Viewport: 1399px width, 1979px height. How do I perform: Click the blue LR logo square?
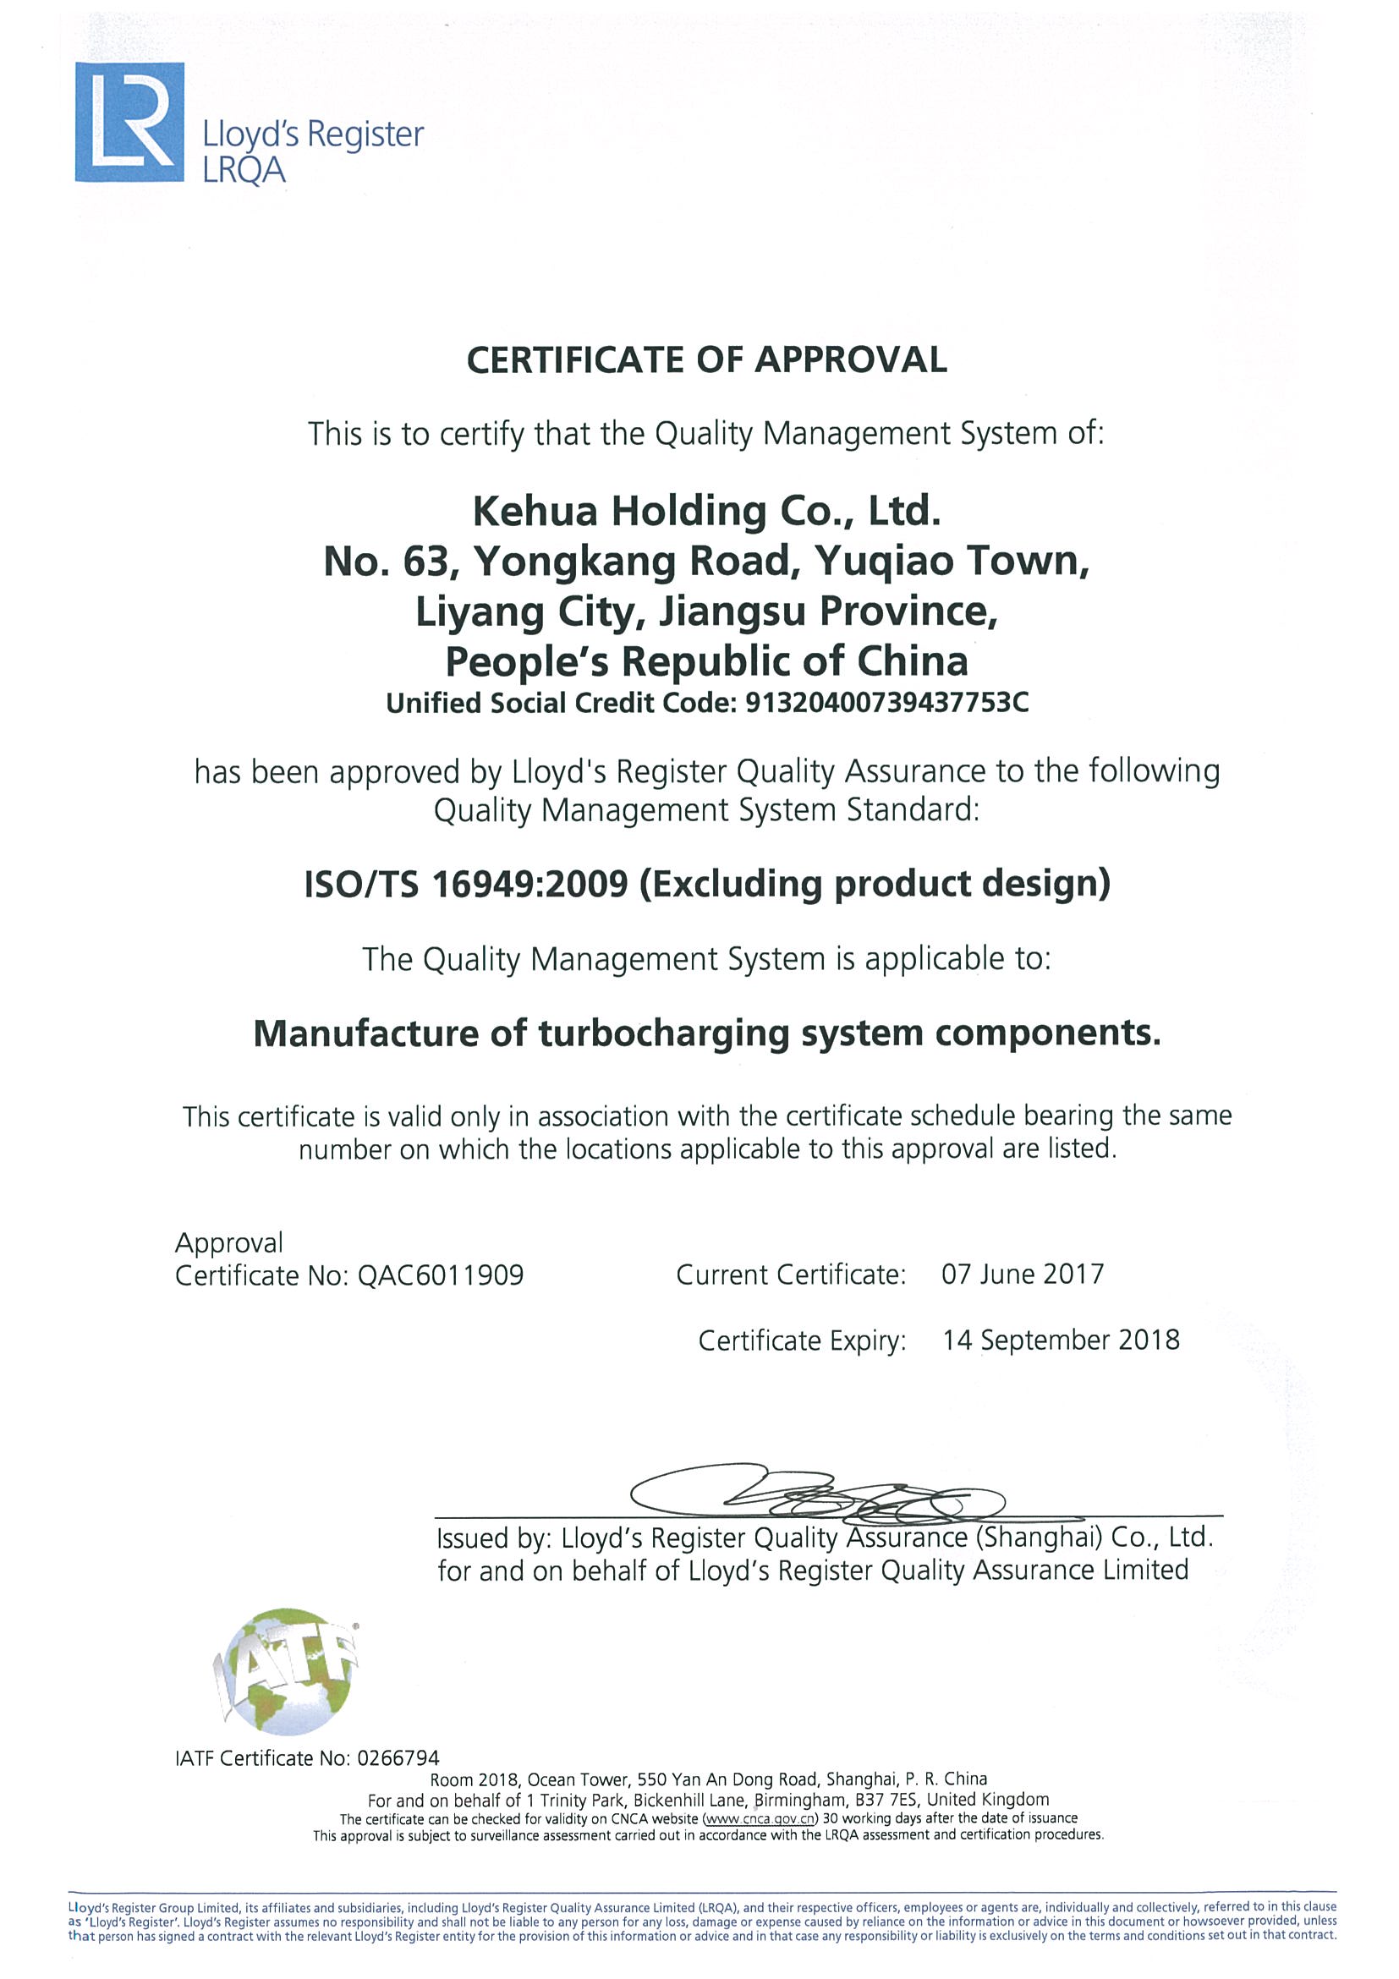coord(129,122)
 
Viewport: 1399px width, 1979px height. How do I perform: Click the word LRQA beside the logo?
coord(243,171)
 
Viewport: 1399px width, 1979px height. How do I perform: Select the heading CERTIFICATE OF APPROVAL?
coord(706,359)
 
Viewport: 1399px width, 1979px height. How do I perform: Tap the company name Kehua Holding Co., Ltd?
coord(706,511)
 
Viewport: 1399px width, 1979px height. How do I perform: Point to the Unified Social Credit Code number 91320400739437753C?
coord(886,704)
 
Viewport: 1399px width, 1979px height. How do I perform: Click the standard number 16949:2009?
coord(529,885)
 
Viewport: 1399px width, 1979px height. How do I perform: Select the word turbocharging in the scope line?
coord(663,1033)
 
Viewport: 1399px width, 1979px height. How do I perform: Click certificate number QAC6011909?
coord(441,1275)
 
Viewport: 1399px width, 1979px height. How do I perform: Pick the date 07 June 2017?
coord(1023,1274)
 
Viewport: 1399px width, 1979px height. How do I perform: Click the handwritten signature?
coord(819,1492)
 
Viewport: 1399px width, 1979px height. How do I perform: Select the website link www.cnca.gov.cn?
coord(760,1818)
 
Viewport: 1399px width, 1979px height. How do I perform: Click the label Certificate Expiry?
coord(802,1341)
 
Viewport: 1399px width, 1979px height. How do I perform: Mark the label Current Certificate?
coord(791,1275)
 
